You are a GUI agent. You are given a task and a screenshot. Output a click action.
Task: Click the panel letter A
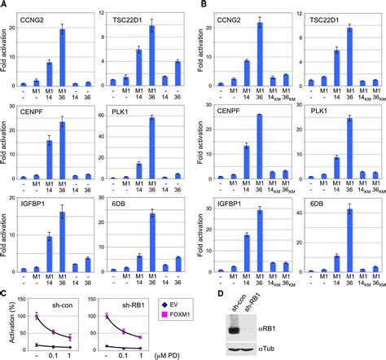click(x=5, y=6)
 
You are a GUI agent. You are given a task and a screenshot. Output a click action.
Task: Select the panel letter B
click(x=196, y=6)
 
